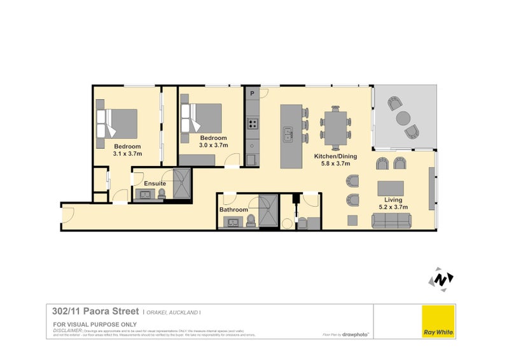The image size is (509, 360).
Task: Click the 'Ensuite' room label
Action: click(x=155, y=183)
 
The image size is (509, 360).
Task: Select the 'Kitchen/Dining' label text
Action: click(x=335, y=156)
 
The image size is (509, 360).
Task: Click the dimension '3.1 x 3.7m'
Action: click(x=127, y=154)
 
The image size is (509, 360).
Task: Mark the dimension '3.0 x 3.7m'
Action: click(x=213, y=146)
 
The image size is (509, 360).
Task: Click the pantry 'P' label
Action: click(x=252, y=94)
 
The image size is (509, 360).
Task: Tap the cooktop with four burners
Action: click(x=253, y=124)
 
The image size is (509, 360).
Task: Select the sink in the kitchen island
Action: click(x=288, y=134)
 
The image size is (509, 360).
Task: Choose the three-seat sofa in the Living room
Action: click(x=390, y=221)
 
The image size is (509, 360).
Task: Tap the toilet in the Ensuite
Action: click(x=162, y=194)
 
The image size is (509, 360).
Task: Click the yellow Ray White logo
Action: click(x=439, y=321)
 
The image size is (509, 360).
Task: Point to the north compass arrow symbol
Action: click(x=440, y=279)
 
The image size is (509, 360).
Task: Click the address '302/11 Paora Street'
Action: click(x=95, y=312)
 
